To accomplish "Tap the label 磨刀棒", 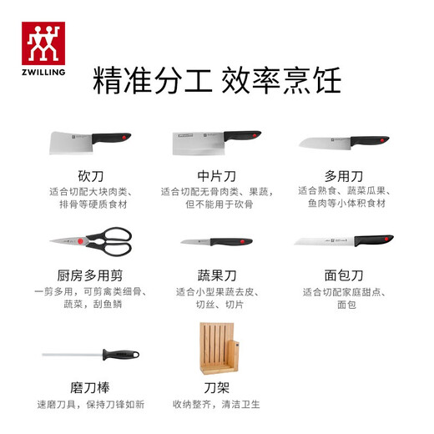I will (x=89, y=388).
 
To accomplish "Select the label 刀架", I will (x=216, y=388).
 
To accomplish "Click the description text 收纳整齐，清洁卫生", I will (x=216, y=405).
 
